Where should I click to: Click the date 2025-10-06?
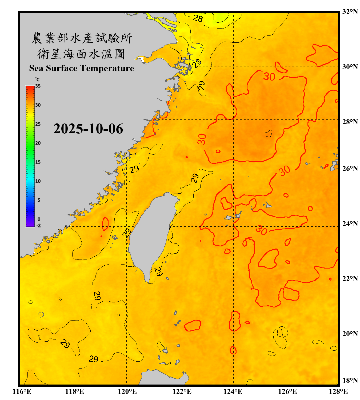88,129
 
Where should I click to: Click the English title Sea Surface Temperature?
82,68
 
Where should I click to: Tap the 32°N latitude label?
350,12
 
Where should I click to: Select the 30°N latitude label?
350,67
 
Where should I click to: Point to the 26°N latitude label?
350,169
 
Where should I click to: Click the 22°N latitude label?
350,279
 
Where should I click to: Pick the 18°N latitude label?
350,380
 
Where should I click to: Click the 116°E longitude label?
22,391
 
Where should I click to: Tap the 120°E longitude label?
127,391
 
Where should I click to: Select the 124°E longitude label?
233,391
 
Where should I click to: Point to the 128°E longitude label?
338,391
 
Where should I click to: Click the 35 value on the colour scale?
38,86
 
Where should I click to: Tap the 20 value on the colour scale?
38,143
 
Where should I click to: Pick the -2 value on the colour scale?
38,226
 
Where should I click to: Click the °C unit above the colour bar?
37,79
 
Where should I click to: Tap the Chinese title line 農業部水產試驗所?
82,38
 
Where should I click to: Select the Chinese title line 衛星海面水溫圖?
81,54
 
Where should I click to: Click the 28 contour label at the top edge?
198,18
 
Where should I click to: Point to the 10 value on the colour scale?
38,181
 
